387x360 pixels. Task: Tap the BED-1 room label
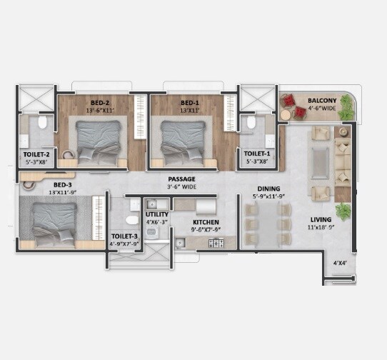pyautogui.click(x=188, y=102)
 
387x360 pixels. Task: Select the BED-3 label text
pyautogui.click(x=42, y=186)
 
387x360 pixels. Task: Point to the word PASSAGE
pyautogui.click(x=181, y=179)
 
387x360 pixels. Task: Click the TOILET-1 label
pyautogui.click(x=257, y=154)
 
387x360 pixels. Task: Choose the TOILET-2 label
pyautogui.click(x=36, y=154)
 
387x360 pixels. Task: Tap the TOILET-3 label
pyautogui.click(x=124, y=236)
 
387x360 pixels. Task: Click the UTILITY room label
pyautogui.click(x=156, y=214)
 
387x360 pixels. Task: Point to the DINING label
pyautogui.click(x=268, y=189)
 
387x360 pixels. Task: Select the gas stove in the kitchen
pyautogui.click(x=216, y=244)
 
